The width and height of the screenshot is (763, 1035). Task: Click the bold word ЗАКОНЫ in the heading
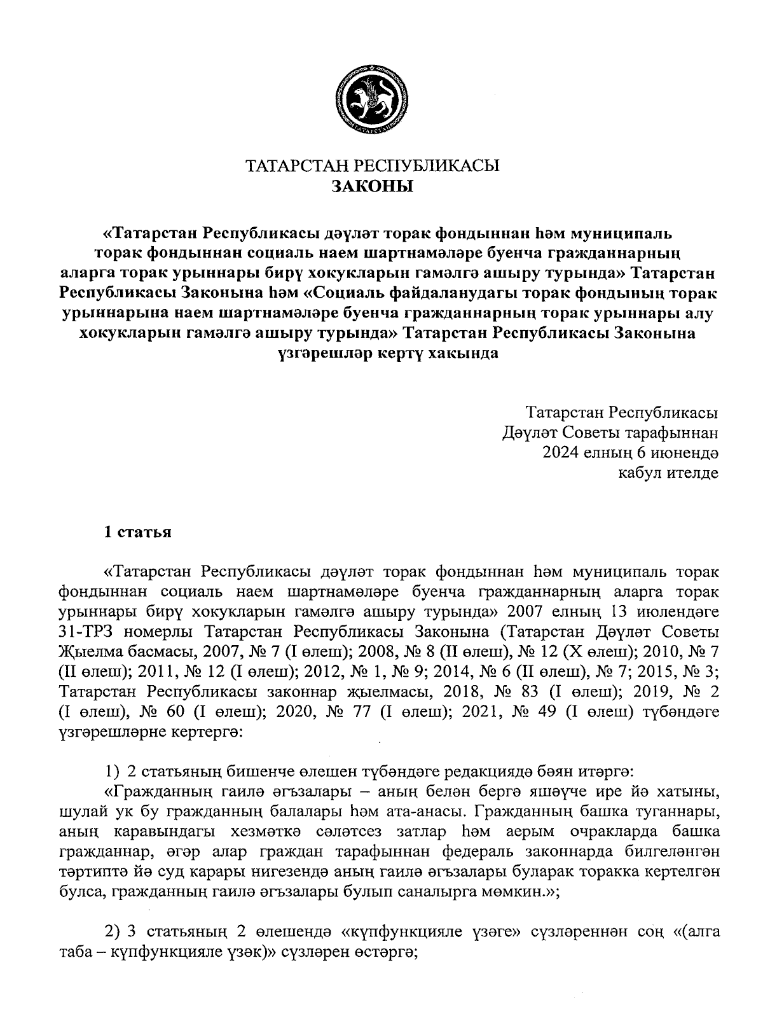(373, 186)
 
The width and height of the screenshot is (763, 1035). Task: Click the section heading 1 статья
(138, 532)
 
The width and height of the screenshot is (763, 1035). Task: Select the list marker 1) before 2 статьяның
(112, 772)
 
